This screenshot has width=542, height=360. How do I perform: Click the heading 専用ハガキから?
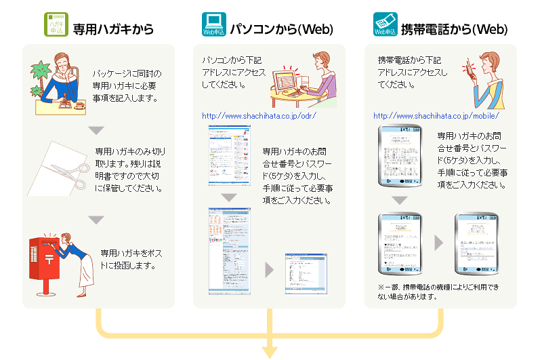[x=113, y=29]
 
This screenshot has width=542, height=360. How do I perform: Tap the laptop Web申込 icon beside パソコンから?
[x=213, y=24]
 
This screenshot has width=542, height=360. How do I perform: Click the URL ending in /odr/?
[x=259, y=115]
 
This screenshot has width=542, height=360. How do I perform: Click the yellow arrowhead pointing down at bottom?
[x=270, y=351]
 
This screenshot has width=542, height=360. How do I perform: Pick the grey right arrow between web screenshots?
[x=269, y=270]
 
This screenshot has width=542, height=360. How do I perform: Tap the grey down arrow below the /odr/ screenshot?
[x=229, y=198]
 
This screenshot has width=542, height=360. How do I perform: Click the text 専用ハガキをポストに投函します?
[x=129, y=259]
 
